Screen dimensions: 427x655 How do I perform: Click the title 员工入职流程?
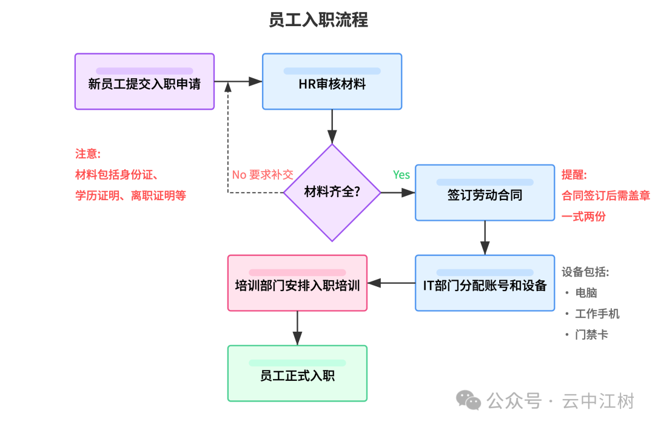[318, 20]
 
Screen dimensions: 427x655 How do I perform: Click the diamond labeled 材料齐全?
[332, 193]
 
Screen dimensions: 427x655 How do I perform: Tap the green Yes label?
[401, 175]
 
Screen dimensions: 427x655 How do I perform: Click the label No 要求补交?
[262, 175]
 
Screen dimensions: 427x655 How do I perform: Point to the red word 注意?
[88, 153]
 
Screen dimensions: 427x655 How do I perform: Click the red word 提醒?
[574, 175]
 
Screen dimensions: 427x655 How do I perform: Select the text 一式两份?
[583, 217]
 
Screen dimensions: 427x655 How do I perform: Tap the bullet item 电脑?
[586, 293]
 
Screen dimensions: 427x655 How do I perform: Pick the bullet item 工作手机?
[597, 314]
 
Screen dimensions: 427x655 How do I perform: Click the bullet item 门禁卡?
[591, 334]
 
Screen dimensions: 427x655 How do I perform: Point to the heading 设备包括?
[585, 272]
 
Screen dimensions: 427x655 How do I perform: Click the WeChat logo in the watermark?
[469, 400]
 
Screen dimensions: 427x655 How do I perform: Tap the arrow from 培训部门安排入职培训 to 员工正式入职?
[297, 328]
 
